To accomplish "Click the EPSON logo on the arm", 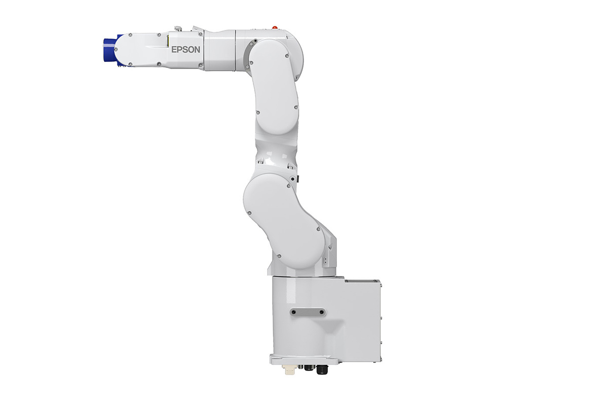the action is pyautogui.click(x=185, y=50).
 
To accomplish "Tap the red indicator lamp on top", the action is pyautogui.click(x=275, y=27).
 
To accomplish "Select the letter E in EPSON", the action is pyautogui.click(x=174, y=50).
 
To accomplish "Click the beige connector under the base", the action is pyautogui.click(x=289, y=368).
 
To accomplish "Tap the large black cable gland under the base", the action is pyautogui.click(x=322, y=369).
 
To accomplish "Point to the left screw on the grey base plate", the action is pyautogui.click(x=294, y=312).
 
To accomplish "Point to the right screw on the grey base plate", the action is pyautogui.click(x=322, y=312).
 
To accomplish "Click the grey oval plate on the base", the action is pyautogui.click(x=308, y=312).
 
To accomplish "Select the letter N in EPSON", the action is pyautogui.click(x=197, y=50).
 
